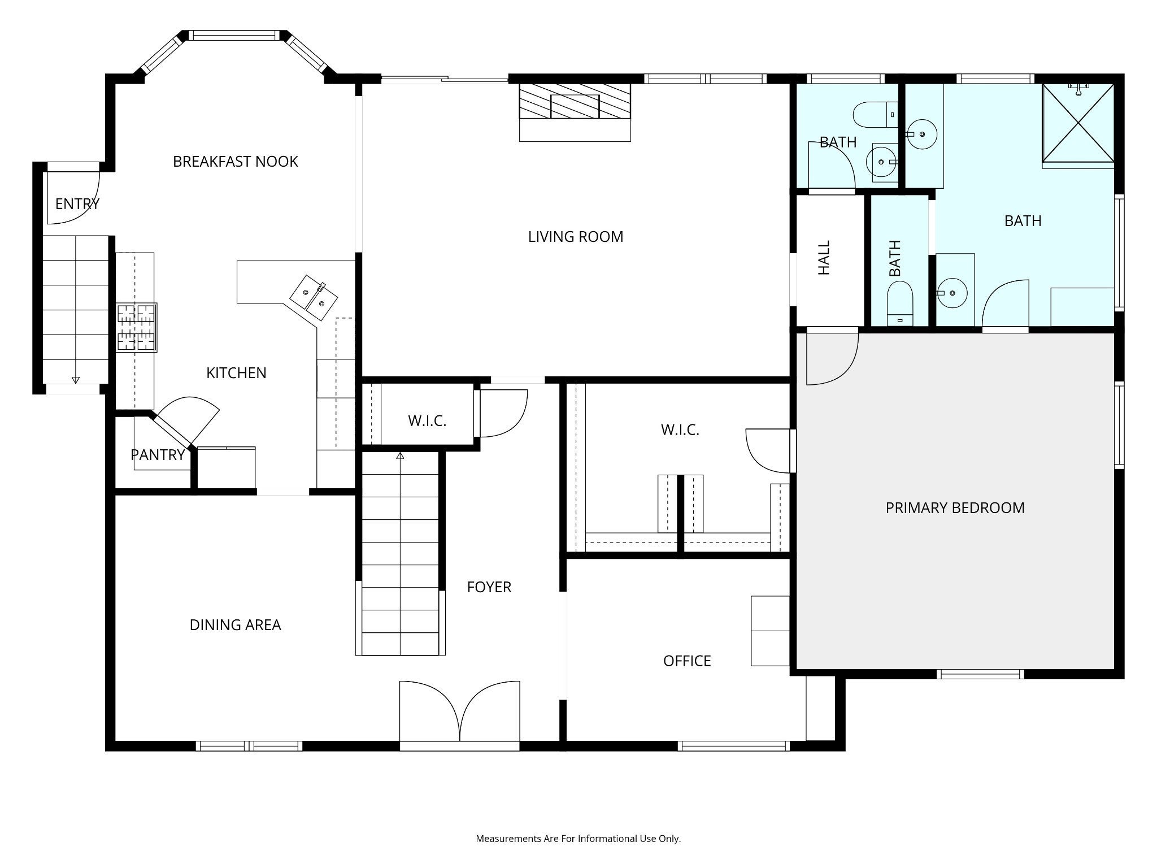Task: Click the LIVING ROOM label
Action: (x=576, y=237)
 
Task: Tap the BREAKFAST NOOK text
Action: (x=235, y=162)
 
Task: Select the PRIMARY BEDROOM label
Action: (x=955, y=508)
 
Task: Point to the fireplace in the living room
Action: (x=575, y=112)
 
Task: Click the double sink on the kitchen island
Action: (x=314, y=292)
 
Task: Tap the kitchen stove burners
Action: (x=136, y=328)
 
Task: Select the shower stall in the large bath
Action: (x=1078, y=123)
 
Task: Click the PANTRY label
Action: (x=158, y=455)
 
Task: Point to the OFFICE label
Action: (x=687, y=661)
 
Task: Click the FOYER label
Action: (x=489, y=588)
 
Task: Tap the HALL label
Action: (x=824, y=258)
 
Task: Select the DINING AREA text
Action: (x=235, y=625)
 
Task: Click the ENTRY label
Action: (x=77, y=204)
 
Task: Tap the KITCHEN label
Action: (x=236, y=373)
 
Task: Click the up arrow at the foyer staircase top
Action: (x=401, y=455)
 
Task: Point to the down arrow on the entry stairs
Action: (x=76, y=380)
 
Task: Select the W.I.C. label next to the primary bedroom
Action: (x=680, y=430)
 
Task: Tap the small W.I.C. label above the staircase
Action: (x=427, y=421)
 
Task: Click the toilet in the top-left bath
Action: (x=875, y=115)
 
